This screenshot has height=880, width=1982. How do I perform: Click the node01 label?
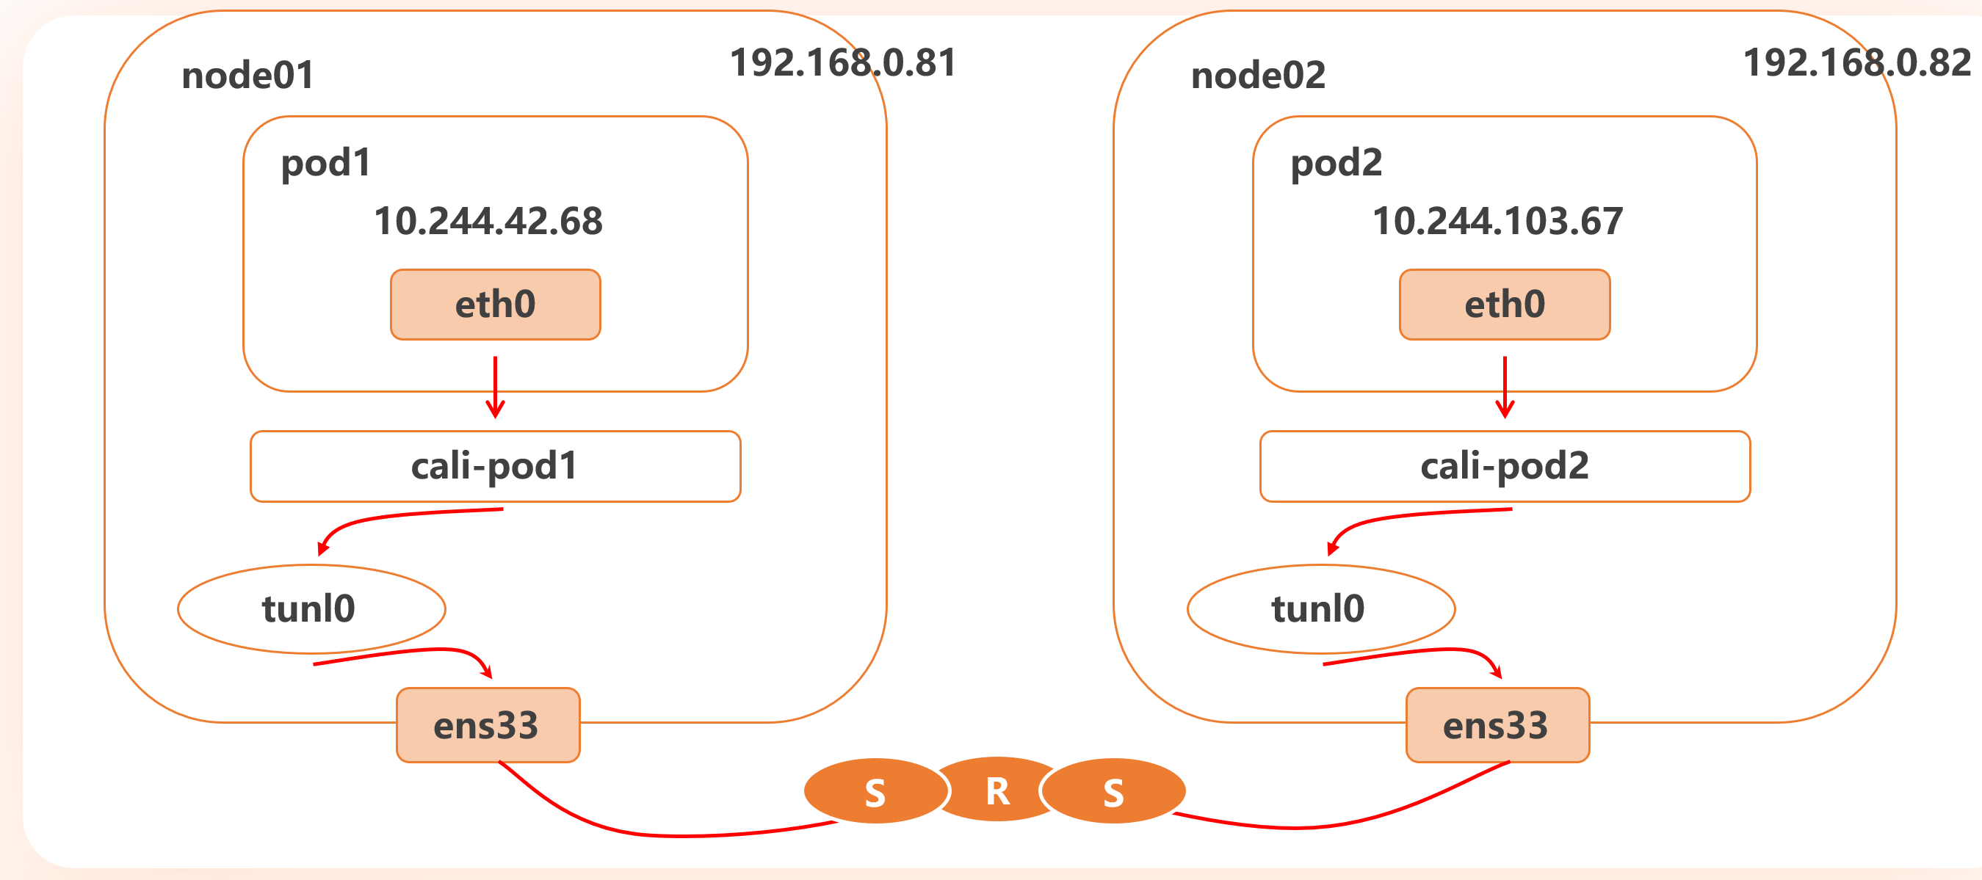coord(247,76)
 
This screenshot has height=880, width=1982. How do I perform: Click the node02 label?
coord(1258,76)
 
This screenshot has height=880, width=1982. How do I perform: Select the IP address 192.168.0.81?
coord(842,63)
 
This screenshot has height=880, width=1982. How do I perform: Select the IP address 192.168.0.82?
coord(1856,63)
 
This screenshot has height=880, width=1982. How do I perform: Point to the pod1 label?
coord(325,164)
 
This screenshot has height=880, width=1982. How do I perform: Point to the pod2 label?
coord(1336,164)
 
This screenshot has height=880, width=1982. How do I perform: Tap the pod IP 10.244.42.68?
coord(488,222)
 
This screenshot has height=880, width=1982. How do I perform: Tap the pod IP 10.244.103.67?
coord(1497,222)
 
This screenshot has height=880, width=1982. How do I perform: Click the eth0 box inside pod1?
coord(496,305)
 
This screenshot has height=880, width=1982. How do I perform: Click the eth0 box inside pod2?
coord(1504,305)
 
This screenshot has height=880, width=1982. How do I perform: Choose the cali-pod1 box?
coord(495,466)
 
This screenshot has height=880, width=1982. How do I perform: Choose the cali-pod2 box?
coord(1504,466)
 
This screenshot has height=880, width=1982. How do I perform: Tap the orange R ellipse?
coord(997,790)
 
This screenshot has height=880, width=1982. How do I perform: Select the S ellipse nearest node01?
coord(875,791)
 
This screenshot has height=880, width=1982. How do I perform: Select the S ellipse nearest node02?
coord(1113,791)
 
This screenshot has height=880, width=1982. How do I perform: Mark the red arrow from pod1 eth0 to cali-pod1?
coord(496,387)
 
